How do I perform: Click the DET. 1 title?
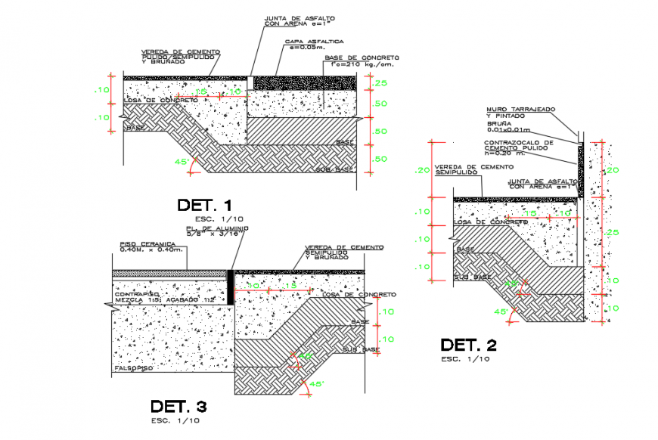[204, 205]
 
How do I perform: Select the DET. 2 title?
[469, 345]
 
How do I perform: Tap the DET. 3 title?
[178, 405]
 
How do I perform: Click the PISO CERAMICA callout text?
[152, 247]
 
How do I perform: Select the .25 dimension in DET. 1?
[380, 83]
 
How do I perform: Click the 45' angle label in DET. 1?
[183, 161]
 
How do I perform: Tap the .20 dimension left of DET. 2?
[422, 170]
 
